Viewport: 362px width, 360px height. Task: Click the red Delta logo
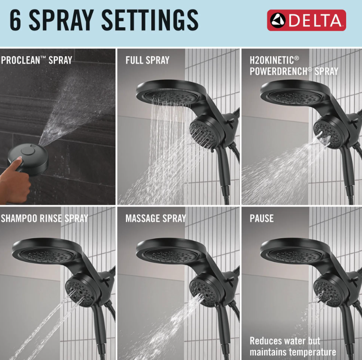coord(306,20)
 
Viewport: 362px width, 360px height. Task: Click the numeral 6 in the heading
coord(15,20)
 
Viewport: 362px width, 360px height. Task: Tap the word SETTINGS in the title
coord(150,20)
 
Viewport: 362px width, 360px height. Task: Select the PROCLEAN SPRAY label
coord(37,60)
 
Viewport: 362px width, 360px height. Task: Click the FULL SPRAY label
coord(148,60)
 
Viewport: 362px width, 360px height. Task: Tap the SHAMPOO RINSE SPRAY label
coord(44,218)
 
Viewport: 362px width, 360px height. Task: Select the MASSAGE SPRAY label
coord(156,218)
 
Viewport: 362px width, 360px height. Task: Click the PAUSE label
coord(262,218)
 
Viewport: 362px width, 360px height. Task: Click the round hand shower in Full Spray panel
coord(206,131)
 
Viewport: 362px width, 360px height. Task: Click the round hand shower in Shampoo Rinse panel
coord(82,291)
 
